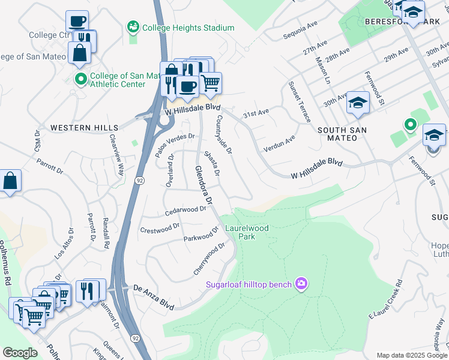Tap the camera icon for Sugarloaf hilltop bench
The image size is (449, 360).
[x=301, y=284]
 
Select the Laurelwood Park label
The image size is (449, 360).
[x=247, y=232]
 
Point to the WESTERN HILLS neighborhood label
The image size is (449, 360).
[x=84, y=128]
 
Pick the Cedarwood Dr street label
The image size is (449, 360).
[x=185, y=210]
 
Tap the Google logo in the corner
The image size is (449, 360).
[x=20, y=352]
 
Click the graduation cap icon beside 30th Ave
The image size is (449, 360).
[x=358, y=102]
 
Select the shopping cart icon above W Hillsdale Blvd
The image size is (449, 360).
[x=210, y=83]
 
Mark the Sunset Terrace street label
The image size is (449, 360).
[x=300, y=102]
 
